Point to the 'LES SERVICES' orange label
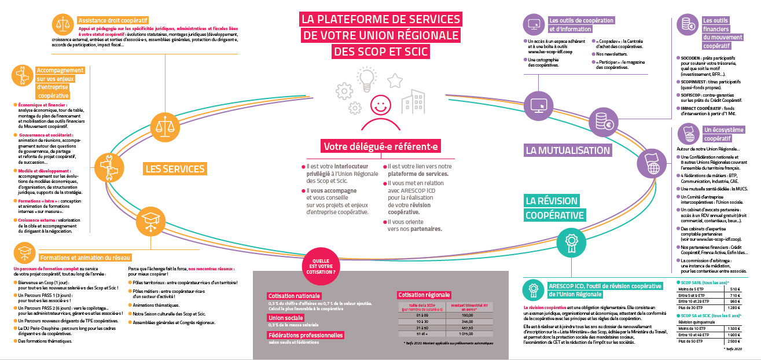pos(175,169)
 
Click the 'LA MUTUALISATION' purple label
pos(568,150)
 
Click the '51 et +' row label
pos(416,333)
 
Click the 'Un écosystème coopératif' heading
pos(723,134)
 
